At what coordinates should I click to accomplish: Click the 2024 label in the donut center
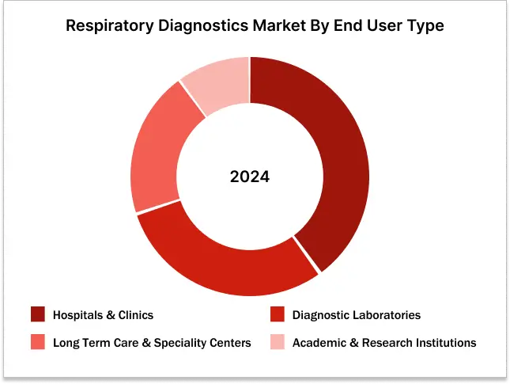click(x=250, y=177)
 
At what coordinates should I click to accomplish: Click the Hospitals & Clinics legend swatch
click(x=38, y=315)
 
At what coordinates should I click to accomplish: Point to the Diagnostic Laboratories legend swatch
click(x=277, y=315)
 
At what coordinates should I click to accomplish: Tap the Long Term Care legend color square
click(x=38, y=343)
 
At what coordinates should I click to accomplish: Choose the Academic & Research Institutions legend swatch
click(x=277, y=343)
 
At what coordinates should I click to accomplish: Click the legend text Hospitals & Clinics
click(x=103, y=315)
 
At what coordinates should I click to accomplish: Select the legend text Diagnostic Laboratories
click(x=356, y=315)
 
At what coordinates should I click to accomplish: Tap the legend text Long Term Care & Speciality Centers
click(x=152, y=343)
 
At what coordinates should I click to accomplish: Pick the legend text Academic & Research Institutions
click(x=384, y=343)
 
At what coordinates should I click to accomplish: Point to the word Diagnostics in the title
click(x=202, y=26)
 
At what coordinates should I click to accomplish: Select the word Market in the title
click(x=281, y=26)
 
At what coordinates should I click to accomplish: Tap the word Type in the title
click(x=425, y=26)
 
